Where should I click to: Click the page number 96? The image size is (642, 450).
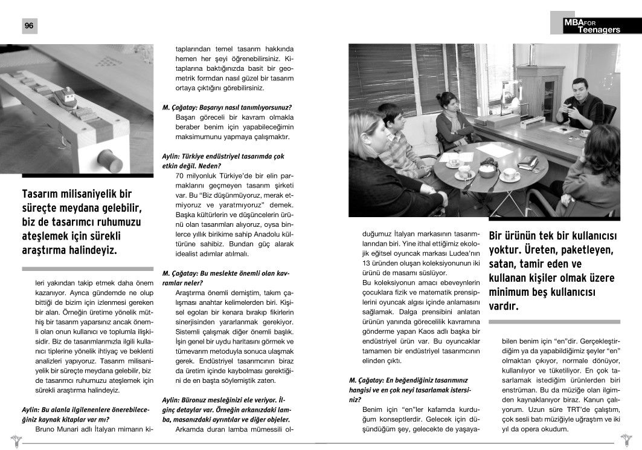pos(29,25)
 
